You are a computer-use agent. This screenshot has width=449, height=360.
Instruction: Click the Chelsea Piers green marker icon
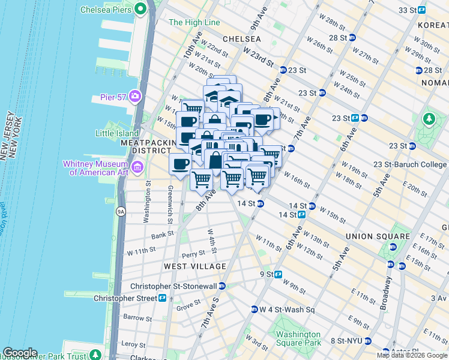click(x=141, y=8)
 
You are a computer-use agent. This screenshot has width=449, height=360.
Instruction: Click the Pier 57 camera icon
click(x=135, y=95)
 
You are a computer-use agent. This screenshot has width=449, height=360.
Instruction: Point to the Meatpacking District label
click(x=148, y=147)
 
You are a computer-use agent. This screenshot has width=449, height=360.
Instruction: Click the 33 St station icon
click(x=422, y=10)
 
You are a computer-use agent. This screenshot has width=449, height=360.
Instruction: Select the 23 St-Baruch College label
click(x=409, y=164)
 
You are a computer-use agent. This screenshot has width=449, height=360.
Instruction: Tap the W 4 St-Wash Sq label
click(x=287, y=310)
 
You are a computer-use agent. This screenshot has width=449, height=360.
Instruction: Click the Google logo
click(x=20, y=353)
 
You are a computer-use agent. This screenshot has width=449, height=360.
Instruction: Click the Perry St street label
click(x=194, y=255)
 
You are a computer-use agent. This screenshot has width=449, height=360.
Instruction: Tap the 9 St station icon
click(x=279, y=274)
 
